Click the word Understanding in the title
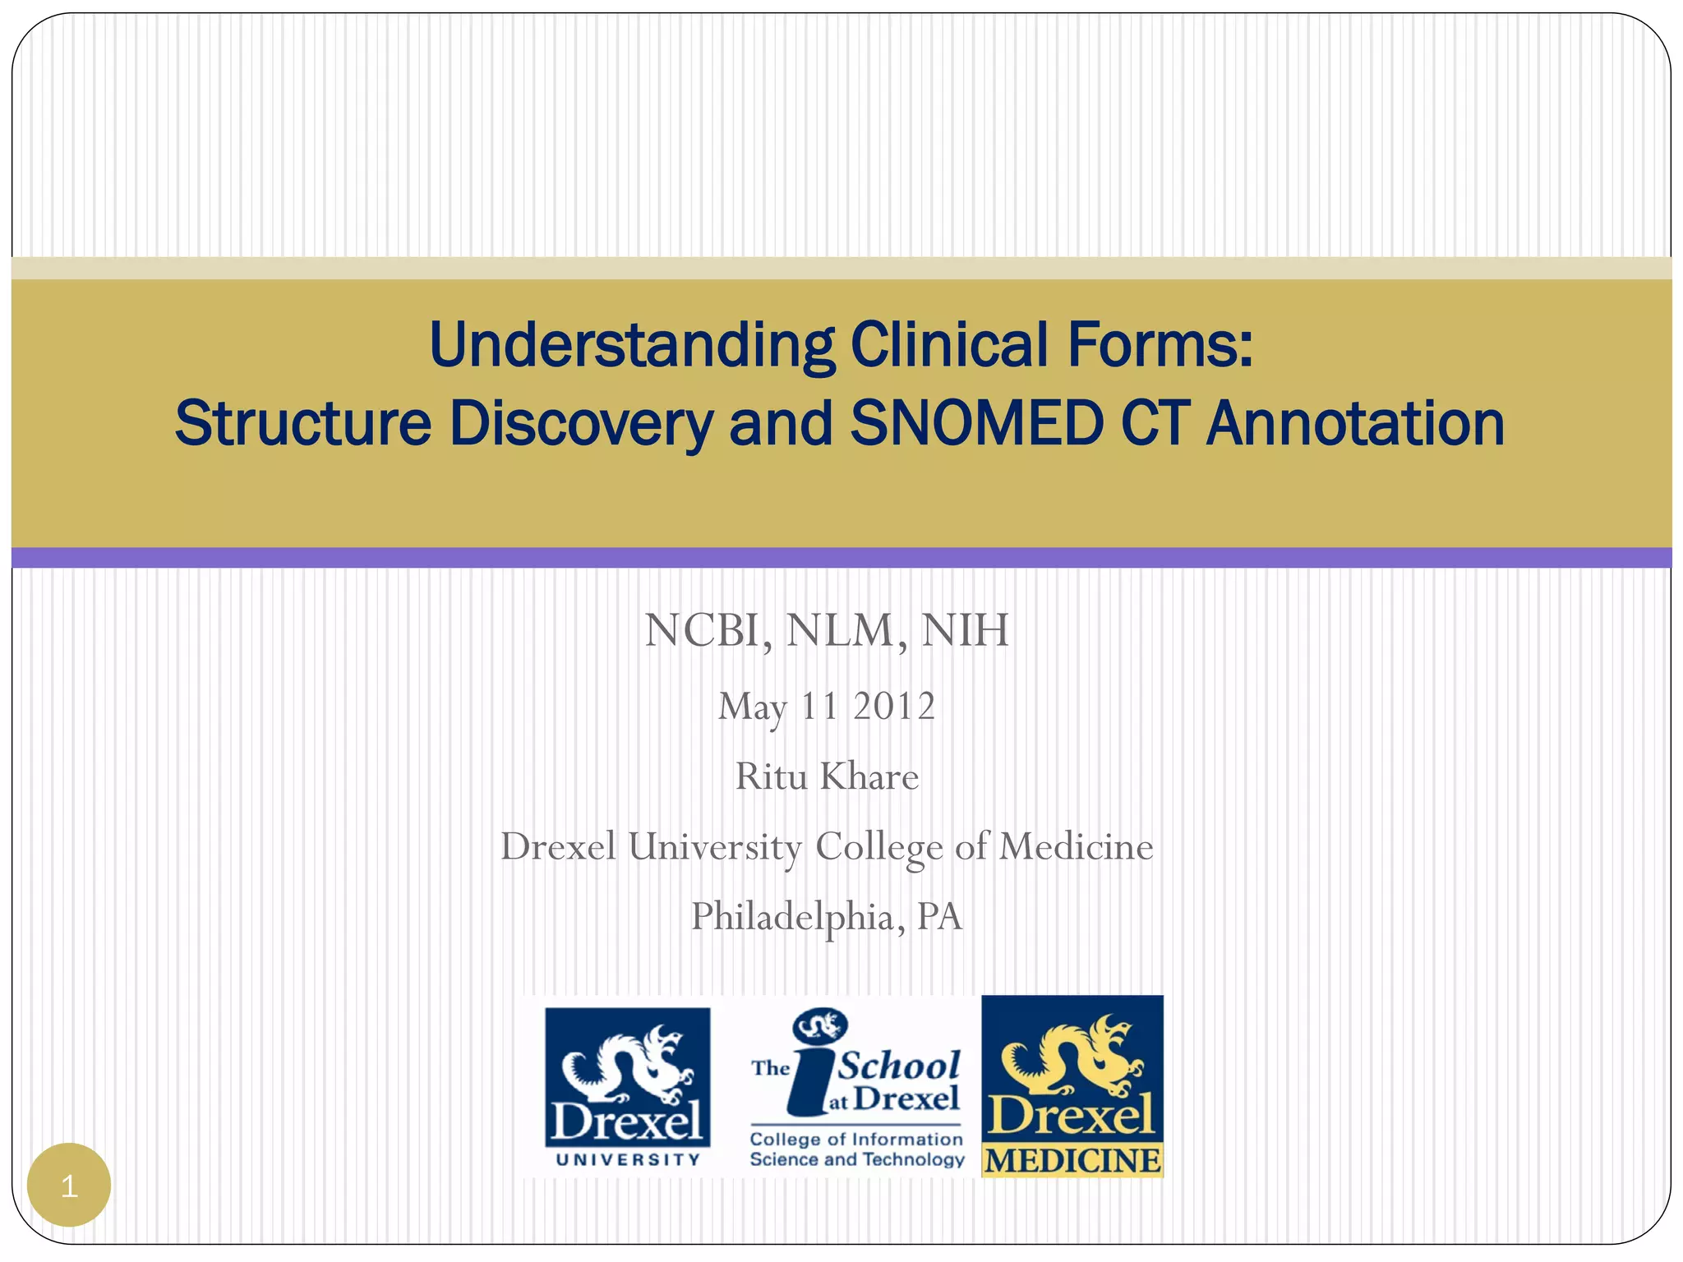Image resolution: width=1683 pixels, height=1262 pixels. coord(631,345)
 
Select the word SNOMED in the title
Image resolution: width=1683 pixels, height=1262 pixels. coord(976,423)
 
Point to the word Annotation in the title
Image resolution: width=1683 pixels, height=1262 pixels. coord(1355,423)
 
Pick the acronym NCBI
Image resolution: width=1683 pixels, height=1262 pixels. coord(708,631)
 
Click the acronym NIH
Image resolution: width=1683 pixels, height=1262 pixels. coord(965,631)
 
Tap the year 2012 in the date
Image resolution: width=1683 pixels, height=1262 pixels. coord(894,707)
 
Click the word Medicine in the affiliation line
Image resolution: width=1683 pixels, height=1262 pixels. coord(1076,847)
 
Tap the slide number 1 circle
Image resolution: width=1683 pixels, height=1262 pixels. coord(69,1186)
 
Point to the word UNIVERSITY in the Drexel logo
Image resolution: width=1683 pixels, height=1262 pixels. coord(628,1159)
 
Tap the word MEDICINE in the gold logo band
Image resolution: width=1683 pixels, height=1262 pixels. coord(1072,1161)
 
